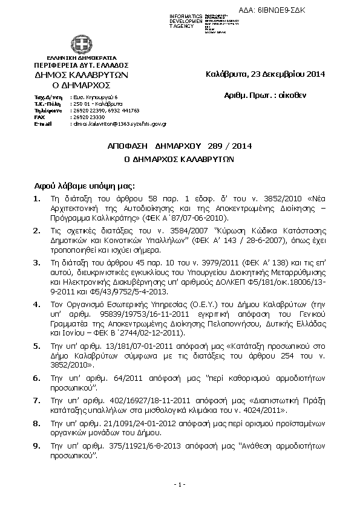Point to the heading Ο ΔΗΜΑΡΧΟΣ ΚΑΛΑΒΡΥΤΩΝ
tap(180, 161)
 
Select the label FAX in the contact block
tap(41, 117)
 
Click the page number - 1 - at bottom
tap(179, 485)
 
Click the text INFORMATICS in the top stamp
tap(186, 15)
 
